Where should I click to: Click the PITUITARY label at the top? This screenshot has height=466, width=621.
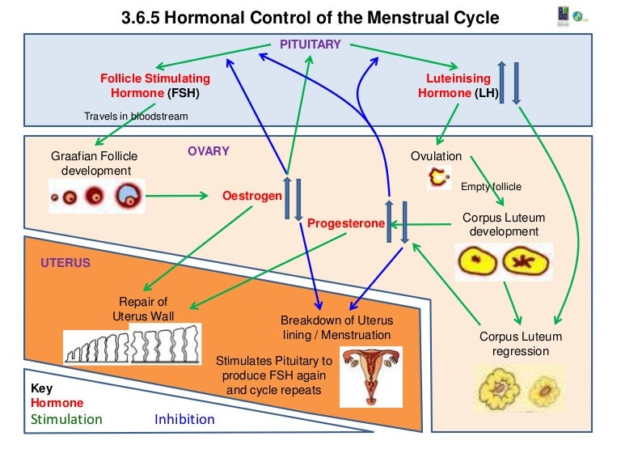point(310,44)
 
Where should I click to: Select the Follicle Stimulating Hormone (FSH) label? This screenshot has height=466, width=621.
point(154,86)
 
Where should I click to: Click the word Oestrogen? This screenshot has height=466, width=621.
point(251,196)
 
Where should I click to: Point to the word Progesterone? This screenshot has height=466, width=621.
point(345,223)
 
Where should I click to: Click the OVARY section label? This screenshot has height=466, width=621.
point(209,151)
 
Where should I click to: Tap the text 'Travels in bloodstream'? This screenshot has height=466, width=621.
point(136,116)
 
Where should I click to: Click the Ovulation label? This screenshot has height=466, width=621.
point(436,156)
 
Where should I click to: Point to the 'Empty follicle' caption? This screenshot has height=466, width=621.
point(491,187)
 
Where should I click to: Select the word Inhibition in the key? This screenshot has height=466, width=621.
point(184,419)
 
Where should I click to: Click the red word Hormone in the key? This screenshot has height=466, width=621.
point(57,403)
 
